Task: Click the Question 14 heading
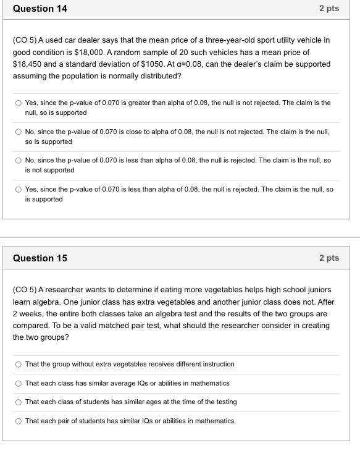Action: point(40,9)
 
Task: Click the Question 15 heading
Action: point(40,258)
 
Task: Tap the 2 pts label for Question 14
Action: point(329,9)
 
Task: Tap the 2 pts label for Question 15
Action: point(329,258)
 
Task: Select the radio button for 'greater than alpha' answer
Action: point(19,103)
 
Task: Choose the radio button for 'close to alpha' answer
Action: point(19,132)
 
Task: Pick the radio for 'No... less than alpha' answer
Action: point(19,161)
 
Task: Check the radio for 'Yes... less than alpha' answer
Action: point(19,190)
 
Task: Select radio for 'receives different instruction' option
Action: point(19,365)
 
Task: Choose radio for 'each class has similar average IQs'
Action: point(19,384)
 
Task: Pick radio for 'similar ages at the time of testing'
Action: point(19,402)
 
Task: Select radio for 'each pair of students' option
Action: point(19,421)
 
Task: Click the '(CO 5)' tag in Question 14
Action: point(25,40)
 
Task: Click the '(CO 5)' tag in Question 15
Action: point(25,290)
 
